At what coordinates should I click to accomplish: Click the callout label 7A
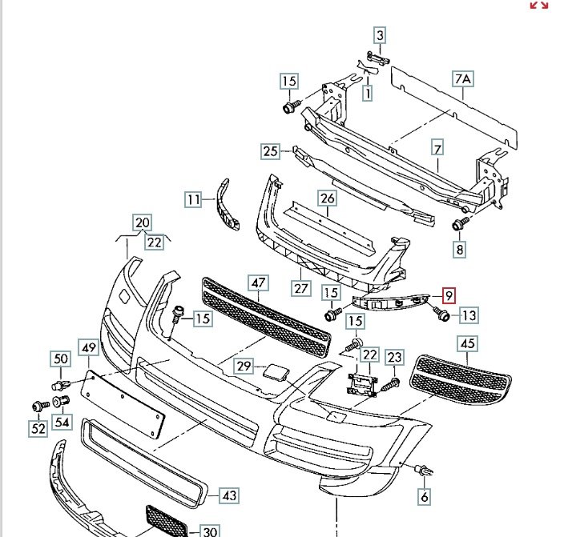point(464,79)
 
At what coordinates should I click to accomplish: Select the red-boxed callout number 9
point(449,297)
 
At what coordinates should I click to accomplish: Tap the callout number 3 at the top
point(380,35)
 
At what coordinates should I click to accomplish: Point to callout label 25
point(270,151)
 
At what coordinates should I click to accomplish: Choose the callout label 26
point(327,198)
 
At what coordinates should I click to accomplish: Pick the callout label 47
point(258,283)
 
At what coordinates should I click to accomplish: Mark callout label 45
point(468,344)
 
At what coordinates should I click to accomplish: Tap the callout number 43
point(229,496)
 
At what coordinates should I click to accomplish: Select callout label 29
point(244,367)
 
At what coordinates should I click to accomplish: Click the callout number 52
point(38,428)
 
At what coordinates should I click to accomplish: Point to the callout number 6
point(425,497)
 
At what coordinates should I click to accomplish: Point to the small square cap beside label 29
point(271,371)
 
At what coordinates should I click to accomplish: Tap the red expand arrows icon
point(539,6)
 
